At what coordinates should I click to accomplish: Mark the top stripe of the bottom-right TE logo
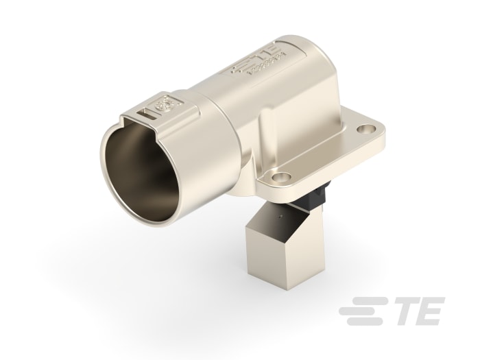[x=364, y=301]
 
